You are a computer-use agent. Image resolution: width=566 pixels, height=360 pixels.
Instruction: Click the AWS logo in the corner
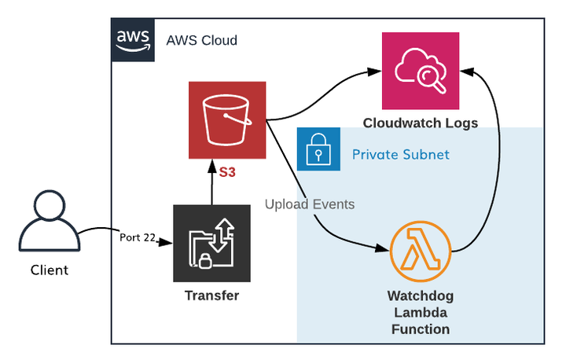[132, 39]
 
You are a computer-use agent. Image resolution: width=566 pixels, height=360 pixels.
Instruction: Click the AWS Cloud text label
[201, 40]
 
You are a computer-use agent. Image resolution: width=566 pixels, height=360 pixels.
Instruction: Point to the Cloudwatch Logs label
[420, 123]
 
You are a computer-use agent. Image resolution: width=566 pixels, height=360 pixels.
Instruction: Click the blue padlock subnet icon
[318, 149]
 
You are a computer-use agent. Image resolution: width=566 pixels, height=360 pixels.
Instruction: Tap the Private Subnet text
[401, 154]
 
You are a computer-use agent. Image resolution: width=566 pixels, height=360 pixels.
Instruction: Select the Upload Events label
[309, 204]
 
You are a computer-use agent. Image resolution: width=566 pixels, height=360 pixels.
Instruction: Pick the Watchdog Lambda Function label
[421, 313]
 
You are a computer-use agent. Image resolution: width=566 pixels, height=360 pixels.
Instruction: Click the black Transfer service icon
[211, 244]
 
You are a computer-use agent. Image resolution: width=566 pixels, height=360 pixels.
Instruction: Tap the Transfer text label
[211, 296]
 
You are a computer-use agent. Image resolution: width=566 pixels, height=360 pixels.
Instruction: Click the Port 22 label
[137, 237]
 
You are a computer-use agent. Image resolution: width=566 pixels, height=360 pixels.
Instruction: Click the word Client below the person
[49, 270]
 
